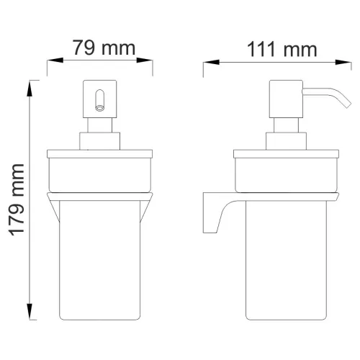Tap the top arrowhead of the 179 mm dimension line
pyautogui.click(x=30, y=84)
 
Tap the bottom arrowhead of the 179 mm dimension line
pyautogui.click(x=30, y=319)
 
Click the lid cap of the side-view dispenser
pyautogui.click(x=287, y=154)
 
